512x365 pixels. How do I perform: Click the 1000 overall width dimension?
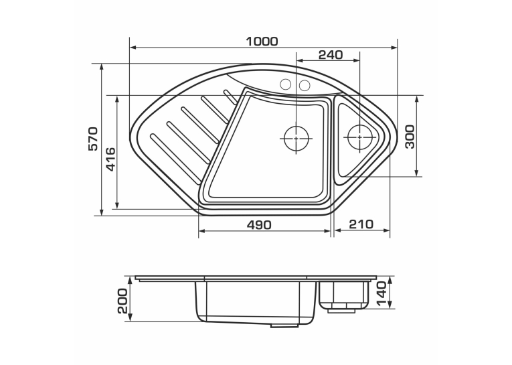[x=262, y=42]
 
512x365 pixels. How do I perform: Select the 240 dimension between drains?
[x=331, y=55]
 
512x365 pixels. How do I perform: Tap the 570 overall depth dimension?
[x=93, y=139]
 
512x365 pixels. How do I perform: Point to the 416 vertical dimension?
[x=111, y=159]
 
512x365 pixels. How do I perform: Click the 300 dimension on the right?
[x=410, y=137]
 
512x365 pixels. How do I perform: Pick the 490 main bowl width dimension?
[x=259, y=224]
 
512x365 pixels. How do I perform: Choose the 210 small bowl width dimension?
[x=361, y=224]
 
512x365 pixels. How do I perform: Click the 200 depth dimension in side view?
[x=122, y=301]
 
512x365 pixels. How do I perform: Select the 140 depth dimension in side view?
[x=381, y=294]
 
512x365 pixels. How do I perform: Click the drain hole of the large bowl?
[x=296, y=139]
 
